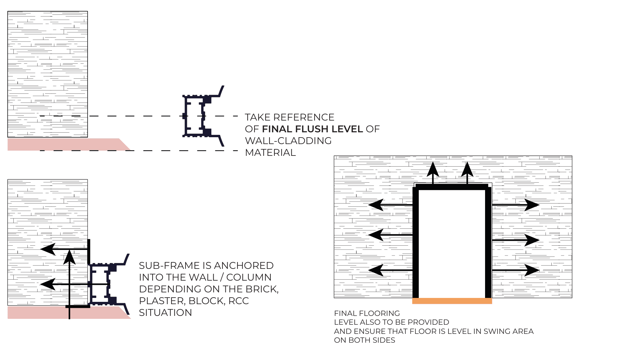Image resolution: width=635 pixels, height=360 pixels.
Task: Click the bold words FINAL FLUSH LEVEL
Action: click(312, 129)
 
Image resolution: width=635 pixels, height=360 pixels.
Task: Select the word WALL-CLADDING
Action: click(288, 141)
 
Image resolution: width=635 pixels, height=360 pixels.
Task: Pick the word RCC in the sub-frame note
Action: click(238, 301)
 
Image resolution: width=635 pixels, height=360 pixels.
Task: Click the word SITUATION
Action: click(165, 313)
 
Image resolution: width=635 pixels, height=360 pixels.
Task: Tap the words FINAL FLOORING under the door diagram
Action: click(367, 313)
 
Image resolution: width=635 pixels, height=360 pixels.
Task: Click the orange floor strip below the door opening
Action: click(452, 301)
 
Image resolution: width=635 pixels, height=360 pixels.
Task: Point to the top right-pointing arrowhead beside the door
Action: click(532, 205)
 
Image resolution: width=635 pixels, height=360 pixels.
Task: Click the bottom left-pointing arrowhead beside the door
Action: click(376, 270)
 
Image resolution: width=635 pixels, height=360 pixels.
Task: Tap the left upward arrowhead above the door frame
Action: click(433, 169)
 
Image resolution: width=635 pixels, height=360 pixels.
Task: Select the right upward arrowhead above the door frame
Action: click(467, 169)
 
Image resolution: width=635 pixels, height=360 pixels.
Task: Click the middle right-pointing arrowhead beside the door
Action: click(532, 240)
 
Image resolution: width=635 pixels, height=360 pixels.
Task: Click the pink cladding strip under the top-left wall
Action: click(69, 144)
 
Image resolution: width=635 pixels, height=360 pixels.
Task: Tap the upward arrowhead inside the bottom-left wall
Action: click(70, 257)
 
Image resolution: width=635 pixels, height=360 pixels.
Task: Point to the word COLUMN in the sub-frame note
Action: click(249, 277)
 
